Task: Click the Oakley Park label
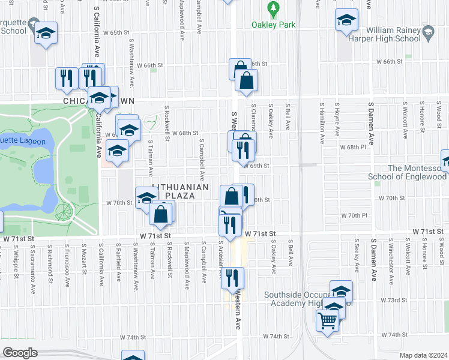(274, 25)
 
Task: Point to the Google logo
(20, 353)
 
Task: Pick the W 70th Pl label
(354, 215)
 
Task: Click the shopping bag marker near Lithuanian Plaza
(161, 214)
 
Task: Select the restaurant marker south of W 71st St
(232, 277)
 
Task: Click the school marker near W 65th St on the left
(45, 34)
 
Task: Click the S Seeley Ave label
(357, 257)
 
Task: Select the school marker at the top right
(346, 20)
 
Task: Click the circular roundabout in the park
(63, 211)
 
